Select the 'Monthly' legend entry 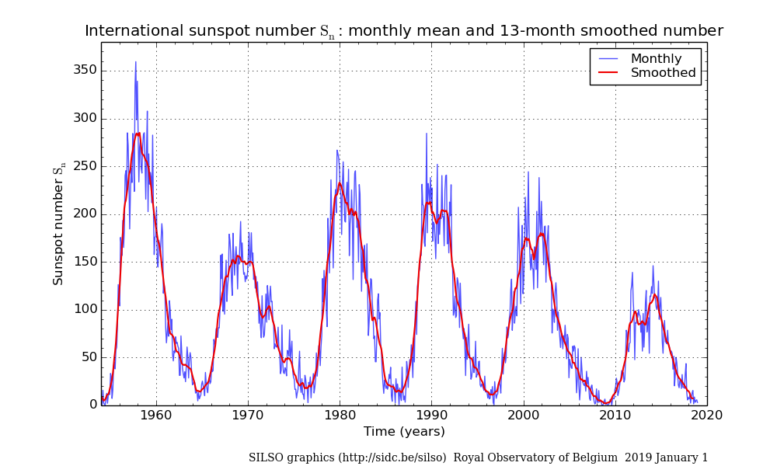[656, 59]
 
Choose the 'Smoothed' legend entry [663, 73]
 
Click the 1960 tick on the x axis [156, 415]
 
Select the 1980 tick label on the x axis [340, 415]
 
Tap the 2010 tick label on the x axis [615, 415]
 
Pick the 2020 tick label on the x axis [707, 415]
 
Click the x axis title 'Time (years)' [404, 432]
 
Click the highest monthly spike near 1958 [135, 62]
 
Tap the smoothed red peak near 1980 [340, 183]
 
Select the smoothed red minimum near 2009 [606, 403]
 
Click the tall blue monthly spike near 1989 [427, 134]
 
